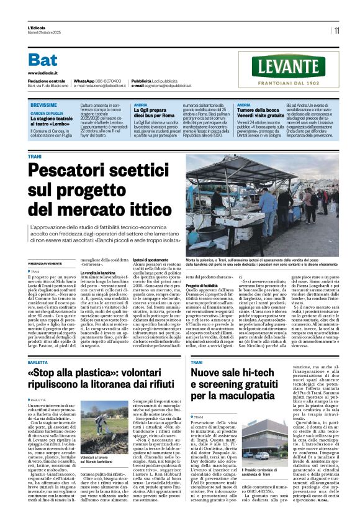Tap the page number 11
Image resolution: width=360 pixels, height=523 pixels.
[x=336, y=30]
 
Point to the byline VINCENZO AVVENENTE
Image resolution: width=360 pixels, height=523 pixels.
[x=46, y=247]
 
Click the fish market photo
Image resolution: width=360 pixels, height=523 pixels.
[x=262, y=196]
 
